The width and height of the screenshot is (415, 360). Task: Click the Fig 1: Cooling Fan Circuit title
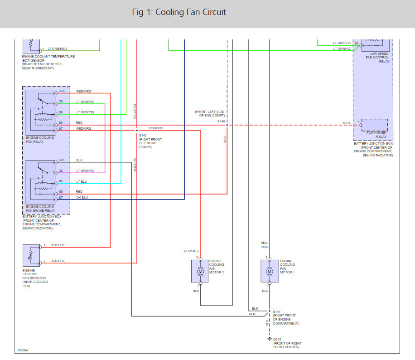point(179,12)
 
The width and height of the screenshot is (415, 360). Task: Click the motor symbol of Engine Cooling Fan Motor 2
point(201,271)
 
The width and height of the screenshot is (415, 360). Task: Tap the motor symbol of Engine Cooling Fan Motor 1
point(269,271)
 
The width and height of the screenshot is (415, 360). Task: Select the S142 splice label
point(143,135)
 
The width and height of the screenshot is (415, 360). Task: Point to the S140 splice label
point(221,122)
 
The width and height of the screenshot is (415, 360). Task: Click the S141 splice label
point(276,311)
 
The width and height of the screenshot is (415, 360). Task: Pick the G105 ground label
point(277,339)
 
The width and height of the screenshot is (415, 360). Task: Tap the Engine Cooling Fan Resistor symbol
point(31,255)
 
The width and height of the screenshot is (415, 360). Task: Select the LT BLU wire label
point(82,181)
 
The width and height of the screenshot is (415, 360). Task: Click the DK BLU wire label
point(82,197)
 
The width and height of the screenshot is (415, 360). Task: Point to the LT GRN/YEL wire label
point(85,112)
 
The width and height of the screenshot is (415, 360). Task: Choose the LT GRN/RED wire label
point(58,49)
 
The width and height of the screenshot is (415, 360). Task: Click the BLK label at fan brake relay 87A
point(79,160)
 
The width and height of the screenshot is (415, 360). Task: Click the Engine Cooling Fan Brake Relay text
point(40,209)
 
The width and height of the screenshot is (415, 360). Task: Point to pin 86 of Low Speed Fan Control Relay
point(356,44)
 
